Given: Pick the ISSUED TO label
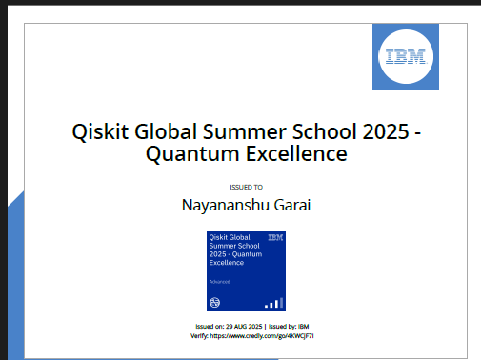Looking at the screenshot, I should tap(247, 188).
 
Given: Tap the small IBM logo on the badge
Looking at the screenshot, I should tap(274, 237).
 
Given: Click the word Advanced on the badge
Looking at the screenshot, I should tap(220, 283).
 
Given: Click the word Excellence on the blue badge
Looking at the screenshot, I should tap(226, 263).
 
